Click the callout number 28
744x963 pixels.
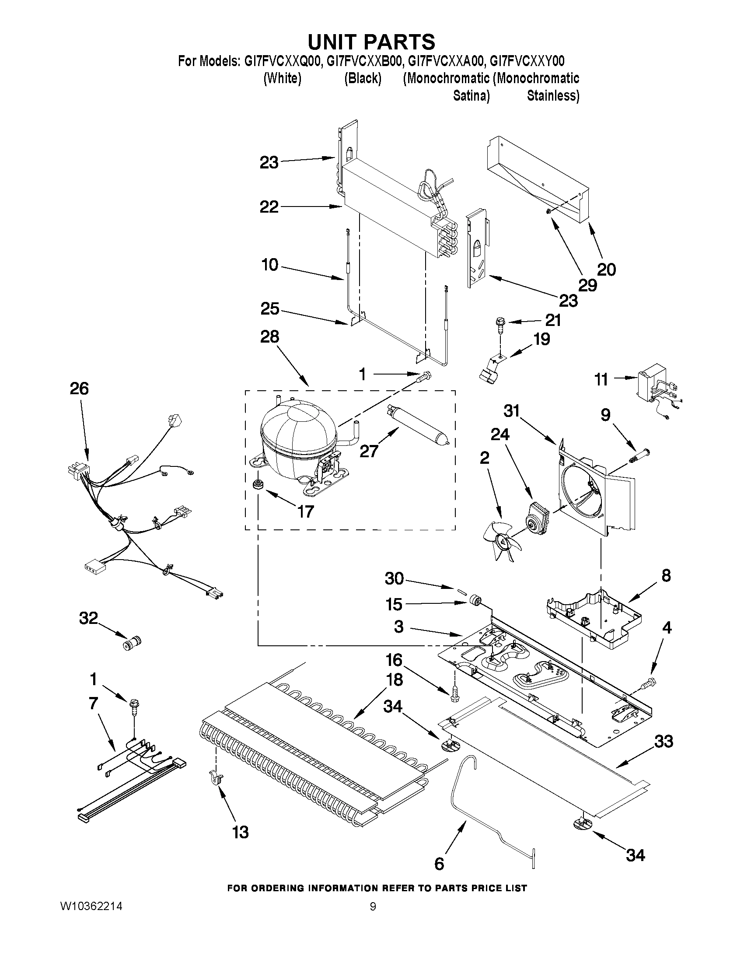(270, 337)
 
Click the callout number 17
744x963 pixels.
(305, 511)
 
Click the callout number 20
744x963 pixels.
(606, 270)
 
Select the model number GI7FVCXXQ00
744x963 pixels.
(281, 61)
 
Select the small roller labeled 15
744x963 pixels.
(475, 600)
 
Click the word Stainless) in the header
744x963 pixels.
(553, 96)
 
